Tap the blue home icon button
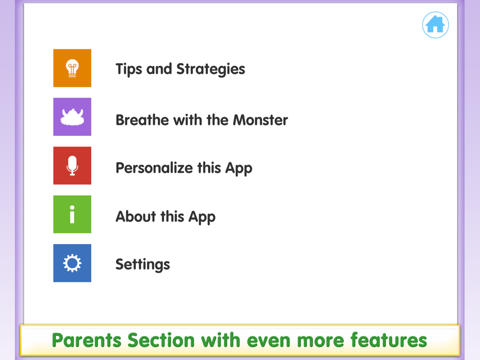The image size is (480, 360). point(435,25)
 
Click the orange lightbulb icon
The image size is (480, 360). point(72,68)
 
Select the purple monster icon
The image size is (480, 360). point(72,117)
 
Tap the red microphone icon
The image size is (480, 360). point(72,166)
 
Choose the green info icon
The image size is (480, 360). point(72,214)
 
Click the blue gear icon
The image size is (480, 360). point(72,263)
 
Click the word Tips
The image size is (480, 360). point(129,69)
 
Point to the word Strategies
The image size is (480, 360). point(211,69)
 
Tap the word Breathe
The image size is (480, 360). point(143,120)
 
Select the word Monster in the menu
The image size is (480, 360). point(261,120)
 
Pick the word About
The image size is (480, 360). point(136,216)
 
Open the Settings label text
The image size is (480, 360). point(143,264)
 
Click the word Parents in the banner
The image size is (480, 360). point(86,340)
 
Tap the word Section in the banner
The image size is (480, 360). point(161,340)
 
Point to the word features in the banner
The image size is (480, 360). point(388,340)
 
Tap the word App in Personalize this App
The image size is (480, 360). point(239,168)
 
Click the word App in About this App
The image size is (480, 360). point(202,217)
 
